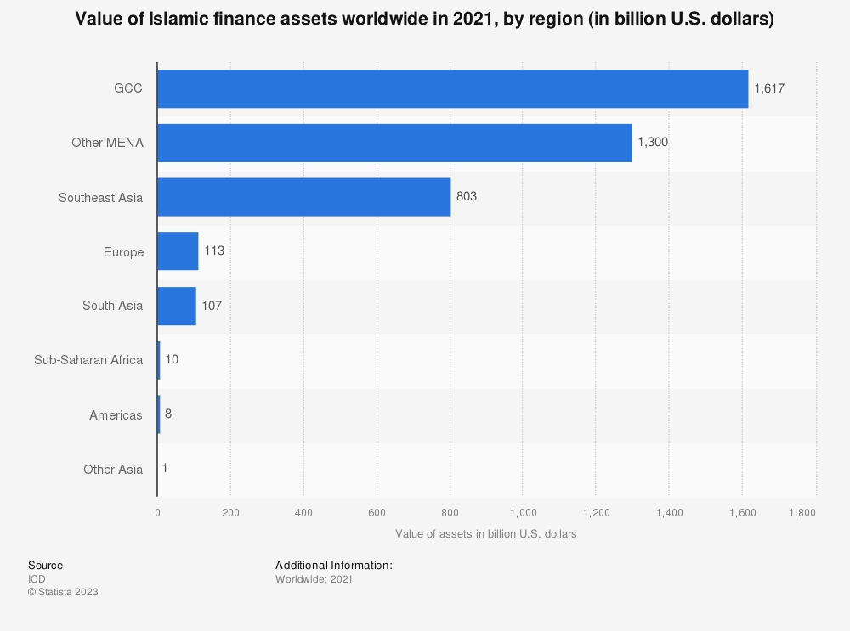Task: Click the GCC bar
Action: pyautogui.click(x=452, y=88)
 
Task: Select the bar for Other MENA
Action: pyautogui.click(x=394, y=143)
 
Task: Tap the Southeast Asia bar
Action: pyautogui.click(x=303, y=197)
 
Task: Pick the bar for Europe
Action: pyautogui.click(x=178, y=251)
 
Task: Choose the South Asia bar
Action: pyautogui.click(x=177, y=306)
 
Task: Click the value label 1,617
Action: pyautogui.click(x=769, y=88)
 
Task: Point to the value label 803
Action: pyautogui.click(x=467, y=197)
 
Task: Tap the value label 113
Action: pyautogui.click(x=214, y=251)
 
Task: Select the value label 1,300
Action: pyautogui.click(x=653, y=143)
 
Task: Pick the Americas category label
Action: pyautogui.click(x=116, y=415)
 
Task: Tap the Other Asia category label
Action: pyautogui.click(x=113, y=470)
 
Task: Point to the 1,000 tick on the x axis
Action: pyautogui.click(x=523, y=512)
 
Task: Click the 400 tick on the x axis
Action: pyautogui.click(x=303, y=512)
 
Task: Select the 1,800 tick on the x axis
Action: pyautogui.click(x=802, y=512)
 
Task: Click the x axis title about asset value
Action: pyautogui.click(x=486, y=534)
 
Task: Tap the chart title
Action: pyautogui.click(x=424, y=20)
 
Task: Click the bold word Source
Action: pyautogui.click(x=45, y=565)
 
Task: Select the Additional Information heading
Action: pyautogui.click(x=333, y=565)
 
